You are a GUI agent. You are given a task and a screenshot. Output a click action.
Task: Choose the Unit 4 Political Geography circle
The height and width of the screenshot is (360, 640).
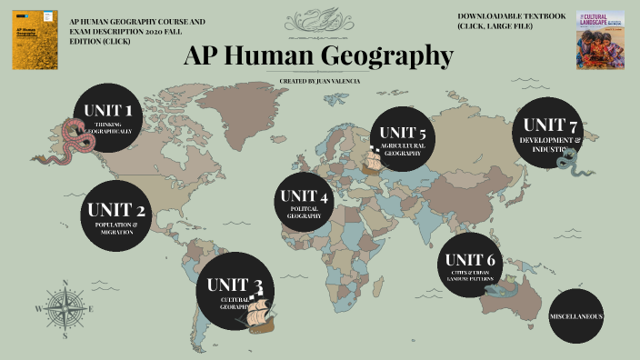pos(305,202)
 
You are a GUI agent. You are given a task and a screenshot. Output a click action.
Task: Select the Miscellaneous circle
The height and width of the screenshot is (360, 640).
pos(576,316)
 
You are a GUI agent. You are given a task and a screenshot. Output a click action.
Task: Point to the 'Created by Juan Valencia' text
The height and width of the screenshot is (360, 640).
pos(319,81)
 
